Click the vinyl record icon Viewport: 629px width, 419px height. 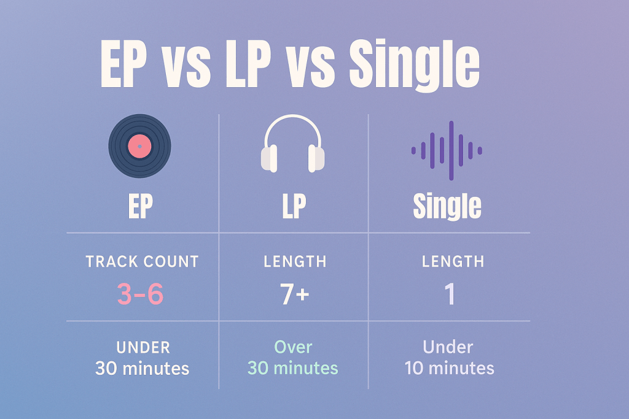click(x=139, y=146)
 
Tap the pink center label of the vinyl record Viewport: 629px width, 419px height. click(x=139, y=146)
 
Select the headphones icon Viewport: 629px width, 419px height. click(x=293, y=144)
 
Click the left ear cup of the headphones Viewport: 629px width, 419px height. click(x=269, y=158)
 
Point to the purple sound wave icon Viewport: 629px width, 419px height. click(x=447, y=151)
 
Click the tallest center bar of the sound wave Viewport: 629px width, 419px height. click(x=451, y=151)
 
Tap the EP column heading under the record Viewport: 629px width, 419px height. click(x=141, y=206)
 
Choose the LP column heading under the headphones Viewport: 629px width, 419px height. click(x=294, y=206)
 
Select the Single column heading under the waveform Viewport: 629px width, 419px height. click(x=447, y=207)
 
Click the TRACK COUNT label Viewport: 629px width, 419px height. click(x=143, y=261)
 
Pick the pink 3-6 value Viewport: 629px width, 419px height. click(x=141, y=294)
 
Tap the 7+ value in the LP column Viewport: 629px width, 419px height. click(x=294, y=294)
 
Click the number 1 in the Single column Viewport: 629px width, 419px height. click(x=450, y=294)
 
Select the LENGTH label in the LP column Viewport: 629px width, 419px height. click(x=295, y=261)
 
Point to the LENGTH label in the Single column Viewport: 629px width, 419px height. click(x=453, y=261)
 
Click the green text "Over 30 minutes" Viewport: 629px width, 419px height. click(x=293, y=358)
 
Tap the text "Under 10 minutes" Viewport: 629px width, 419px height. click(x=449, y=358)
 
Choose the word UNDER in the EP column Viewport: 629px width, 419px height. click(x=143, y=347)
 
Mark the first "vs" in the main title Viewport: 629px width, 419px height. click(x=186, y=68)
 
